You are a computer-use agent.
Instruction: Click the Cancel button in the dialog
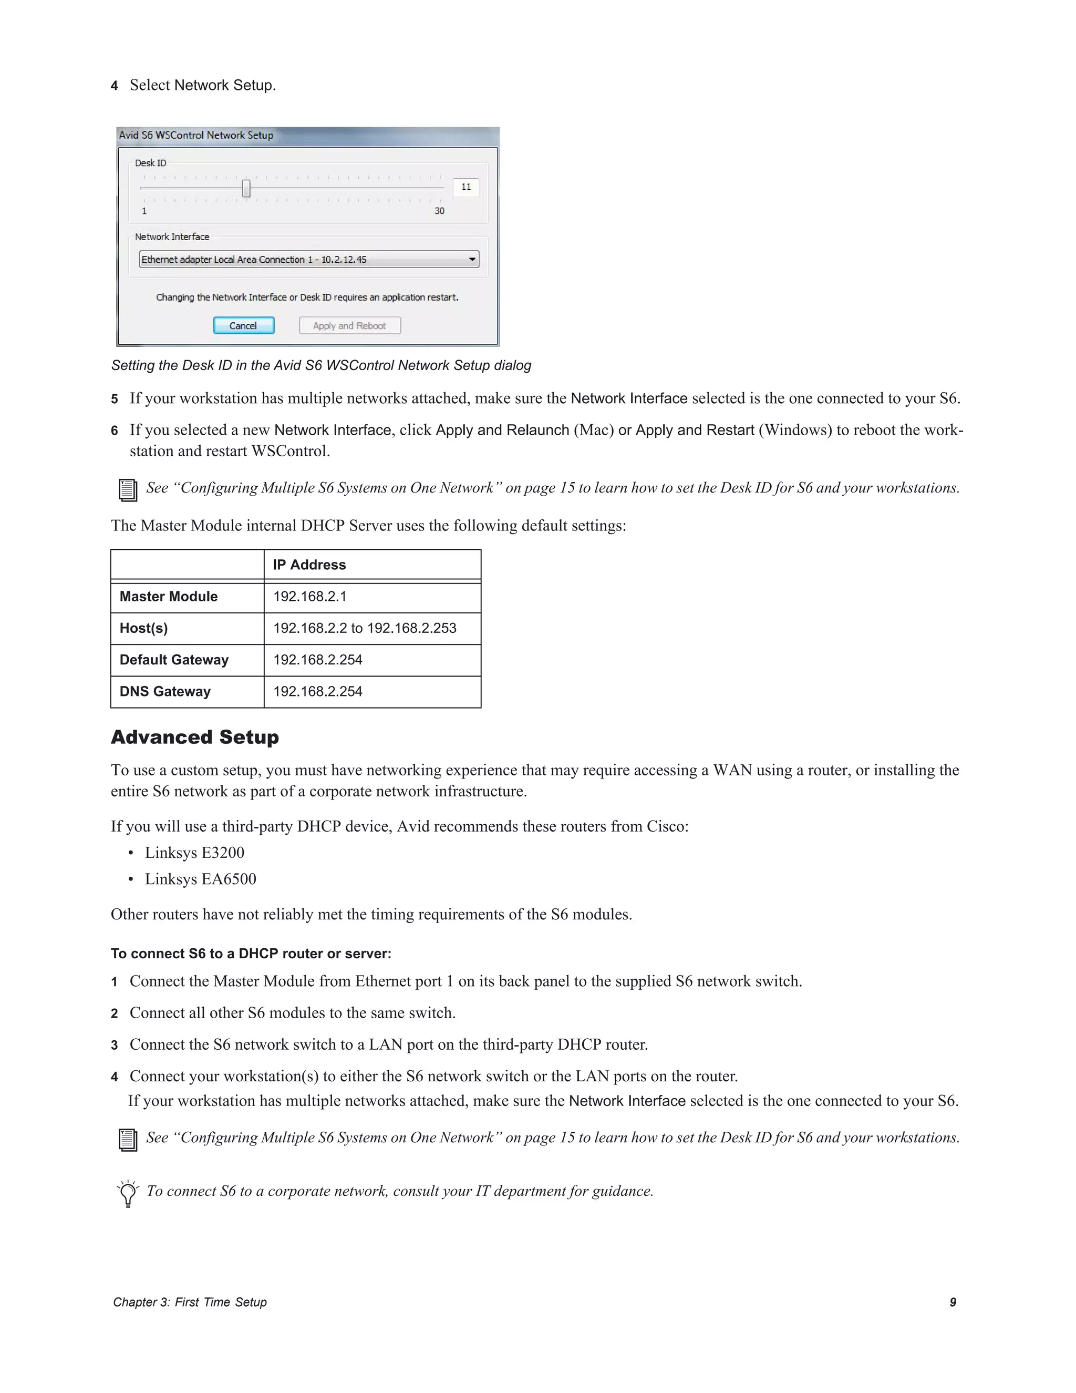[243, 325]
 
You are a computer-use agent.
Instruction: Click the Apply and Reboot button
[349, 325]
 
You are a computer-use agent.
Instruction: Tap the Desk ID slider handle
[246, 188]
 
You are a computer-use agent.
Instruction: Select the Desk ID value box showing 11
[466, 187]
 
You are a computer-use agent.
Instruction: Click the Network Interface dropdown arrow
[472, 259]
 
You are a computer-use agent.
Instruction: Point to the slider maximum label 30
[439, 211]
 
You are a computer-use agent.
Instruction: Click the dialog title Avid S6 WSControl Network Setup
[196, 135]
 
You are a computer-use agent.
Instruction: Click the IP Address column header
[309, 565]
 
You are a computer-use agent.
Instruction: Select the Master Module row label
[168, 597]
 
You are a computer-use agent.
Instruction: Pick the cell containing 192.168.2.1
[310, 597]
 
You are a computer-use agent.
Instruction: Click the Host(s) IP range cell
[365, 628]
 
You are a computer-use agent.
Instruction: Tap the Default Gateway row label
[174, 660]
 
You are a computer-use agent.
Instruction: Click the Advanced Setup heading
[195, 738]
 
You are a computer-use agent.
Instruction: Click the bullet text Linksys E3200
[194, 853]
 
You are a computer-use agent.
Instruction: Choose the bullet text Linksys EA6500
[200, 879]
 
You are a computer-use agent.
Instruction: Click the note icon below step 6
[128, 489]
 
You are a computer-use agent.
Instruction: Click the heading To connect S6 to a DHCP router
[251, 954]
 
